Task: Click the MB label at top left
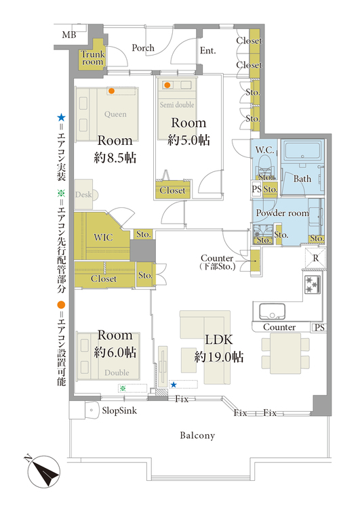click(x=69, y=35)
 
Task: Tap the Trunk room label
click(x=93, y=58)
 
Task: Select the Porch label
click(x=143, y=48)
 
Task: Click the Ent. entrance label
click(x=207, y=51)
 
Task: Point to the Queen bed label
click(x=115, y=114)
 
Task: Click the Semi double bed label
click(x=177, y=104)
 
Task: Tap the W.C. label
click(x=264, y=150)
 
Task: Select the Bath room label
click(x=302, y=179)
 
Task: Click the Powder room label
click(x=282, y=213)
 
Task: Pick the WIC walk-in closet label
click(x=103, y=237)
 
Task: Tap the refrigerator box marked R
click(x=315, y=258)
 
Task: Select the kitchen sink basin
click(x=272, y=311)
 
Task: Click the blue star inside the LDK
click(x=174, y=385)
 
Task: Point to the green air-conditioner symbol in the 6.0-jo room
click(x=123, y=388)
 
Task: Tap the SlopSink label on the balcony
click(x=119, y=411)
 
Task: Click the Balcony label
click(x=197, y=436)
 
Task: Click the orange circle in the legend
click(x=61, y=305)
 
